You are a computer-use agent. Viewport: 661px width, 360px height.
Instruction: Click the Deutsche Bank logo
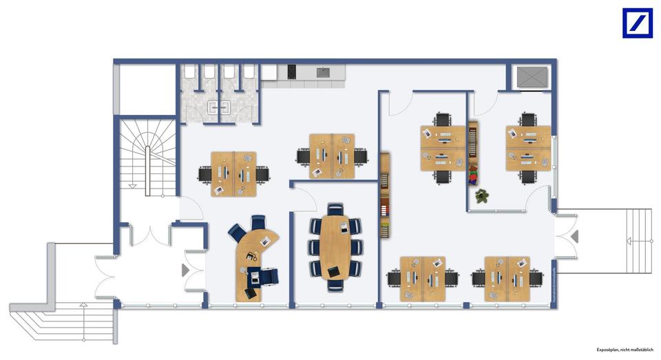[x=637, y=23]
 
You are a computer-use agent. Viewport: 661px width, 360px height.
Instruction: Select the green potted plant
[x=481, y=196]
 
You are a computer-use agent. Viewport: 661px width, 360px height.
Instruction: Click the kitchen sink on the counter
[x=322, y=72]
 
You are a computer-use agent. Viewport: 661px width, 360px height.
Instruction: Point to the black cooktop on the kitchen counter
[x=291, y=71]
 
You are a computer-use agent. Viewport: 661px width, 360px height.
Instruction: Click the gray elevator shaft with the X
[x=532, y=77]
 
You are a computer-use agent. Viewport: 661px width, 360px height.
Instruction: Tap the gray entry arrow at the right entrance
[x=574, y=237]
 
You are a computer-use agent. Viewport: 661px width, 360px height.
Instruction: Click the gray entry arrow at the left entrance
[x=185, y=271]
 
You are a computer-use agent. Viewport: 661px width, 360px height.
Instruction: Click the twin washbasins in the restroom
[x=219, y=107]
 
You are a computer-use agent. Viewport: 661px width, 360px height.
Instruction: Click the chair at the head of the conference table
[x=335, y=208]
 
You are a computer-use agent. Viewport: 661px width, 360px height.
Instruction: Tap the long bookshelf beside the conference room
[x=385, y=195]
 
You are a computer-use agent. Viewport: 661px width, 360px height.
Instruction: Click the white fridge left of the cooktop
[x=269, y=72]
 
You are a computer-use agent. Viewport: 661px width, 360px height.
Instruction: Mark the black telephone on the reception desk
[x=249, y=256]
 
